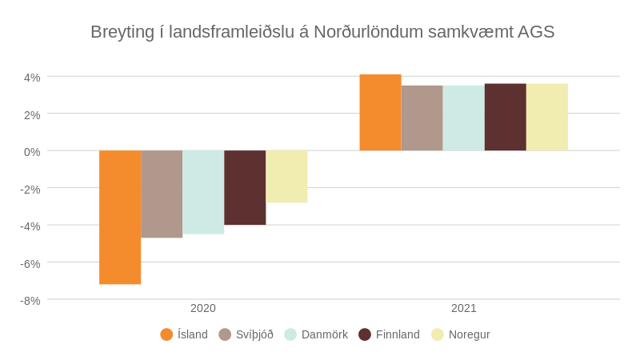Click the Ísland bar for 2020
[x=120, y=217]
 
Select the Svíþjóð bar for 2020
[x=162, y=194]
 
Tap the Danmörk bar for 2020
[x=203, y=192]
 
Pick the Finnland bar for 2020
[x=245, y=187]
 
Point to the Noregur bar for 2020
[x=286, y=176]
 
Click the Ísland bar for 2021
[x=380, y=113]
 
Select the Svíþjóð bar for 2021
[x=422, y=118]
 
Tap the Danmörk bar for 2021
[x=463, y=118]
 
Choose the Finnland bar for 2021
[x=505, y=118]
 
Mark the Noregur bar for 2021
[x=546, y=118]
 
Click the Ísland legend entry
[x=184, y=334]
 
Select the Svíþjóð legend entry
[x=246, y=334]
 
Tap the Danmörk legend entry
[x=316, y=334]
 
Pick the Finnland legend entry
[x=389, y=334]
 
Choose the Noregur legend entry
[x=460, y=334]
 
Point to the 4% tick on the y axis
[x=32, y=78]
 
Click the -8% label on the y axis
[x=30, y=301]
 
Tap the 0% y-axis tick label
[x=32, y=152]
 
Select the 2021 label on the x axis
[x=464, y=308]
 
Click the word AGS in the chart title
[x=536, y=32]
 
